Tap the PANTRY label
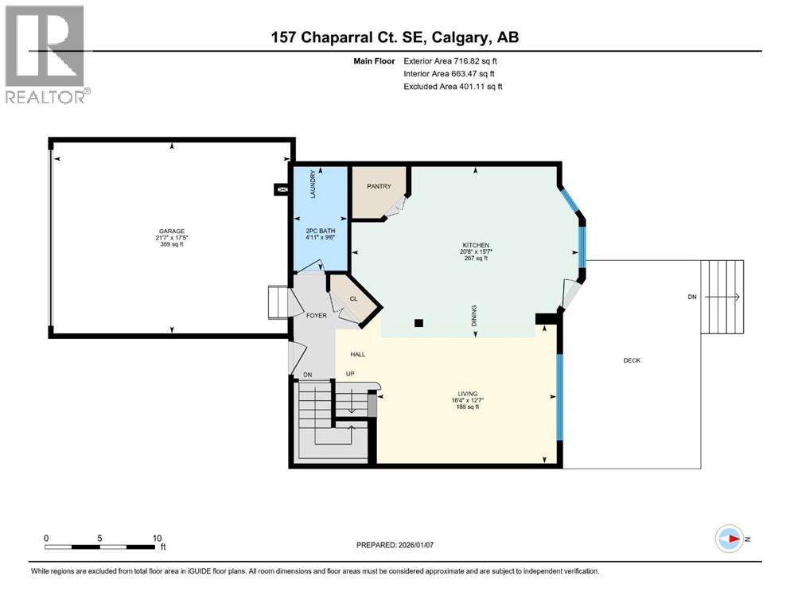pyautogui.click(x=379, y=186)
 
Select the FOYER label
pyautogui.click(x=317, y=316)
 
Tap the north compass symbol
pyautogui.click(x=730, y=539)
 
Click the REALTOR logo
pyautogui.click(x=46, y=54)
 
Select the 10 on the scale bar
pyautogui.click(x=157, y=538)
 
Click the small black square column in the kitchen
pyautogui.click(x=419, y=323)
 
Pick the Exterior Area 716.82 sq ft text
pyautogui.click(x=452, y=60)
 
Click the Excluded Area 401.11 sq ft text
pyautogui.click(x=453, y=86)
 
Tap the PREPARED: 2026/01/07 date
pyautogui.click(x=395, y=545)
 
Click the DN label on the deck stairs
pyautogui.click(x=692, y=297)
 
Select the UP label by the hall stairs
pyautogui.click(x=349, y=373)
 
